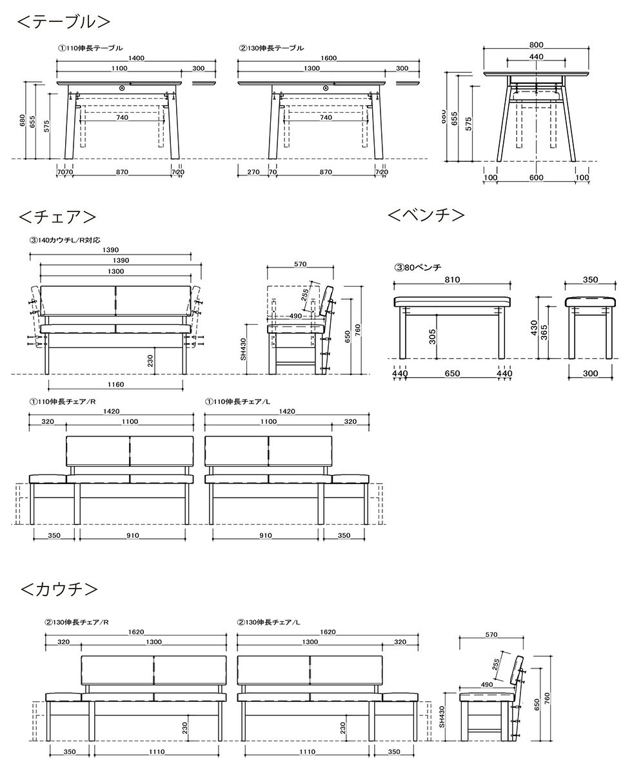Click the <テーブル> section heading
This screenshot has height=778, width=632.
[63, 21]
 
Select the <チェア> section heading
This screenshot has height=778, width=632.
[58, 215]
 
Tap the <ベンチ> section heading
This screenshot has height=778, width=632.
[426, 214]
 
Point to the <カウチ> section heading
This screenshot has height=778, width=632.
[59, 589]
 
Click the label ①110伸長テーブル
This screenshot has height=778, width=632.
[90, 48]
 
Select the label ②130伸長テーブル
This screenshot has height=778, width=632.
[271, 48]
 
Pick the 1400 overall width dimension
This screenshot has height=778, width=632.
[135, 58]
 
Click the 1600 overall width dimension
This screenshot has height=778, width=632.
[328, 58]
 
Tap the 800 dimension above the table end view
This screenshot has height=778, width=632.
[536, 45]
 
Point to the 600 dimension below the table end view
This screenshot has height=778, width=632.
[536, 177]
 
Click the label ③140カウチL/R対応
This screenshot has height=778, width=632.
[64, 240]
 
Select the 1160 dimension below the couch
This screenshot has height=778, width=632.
[115, 385]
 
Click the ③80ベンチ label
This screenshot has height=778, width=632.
[417, 267]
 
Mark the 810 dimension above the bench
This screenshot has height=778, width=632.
[452, 280]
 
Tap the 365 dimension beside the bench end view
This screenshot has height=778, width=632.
[544, 332]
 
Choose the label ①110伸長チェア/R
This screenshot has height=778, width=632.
[62, 401]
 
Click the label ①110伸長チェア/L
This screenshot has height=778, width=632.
[237, 401]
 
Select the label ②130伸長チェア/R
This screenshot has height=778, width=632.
[77, 623]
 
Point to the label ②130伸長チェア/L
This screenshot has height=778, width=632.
[269, 623]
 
